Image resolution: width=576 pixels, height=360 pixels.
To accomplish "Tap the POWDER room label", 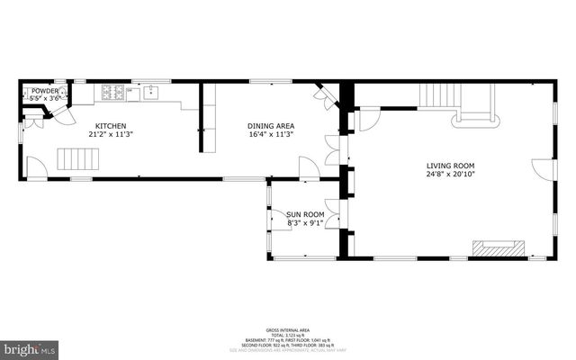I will tap(44, 91).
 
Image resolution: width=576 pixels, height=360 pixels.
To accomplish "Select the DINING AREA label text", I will tap(271, 126).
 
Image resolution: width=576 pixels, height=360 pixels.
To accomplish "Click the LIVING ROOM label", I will tap(451, 166).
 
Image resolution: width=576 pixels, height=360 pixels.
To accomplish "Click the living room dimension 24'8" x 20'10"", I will tap(451, 175).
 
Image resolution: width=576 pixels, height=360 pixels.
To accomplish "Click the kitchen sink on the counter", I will tap(150, 91).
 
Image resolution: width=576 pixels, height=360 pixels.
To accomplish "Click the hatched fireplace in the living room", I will tap(498, 248).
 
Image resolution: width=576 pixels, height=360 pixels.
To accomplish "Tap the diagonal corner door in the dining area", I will tap(323, 92).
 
